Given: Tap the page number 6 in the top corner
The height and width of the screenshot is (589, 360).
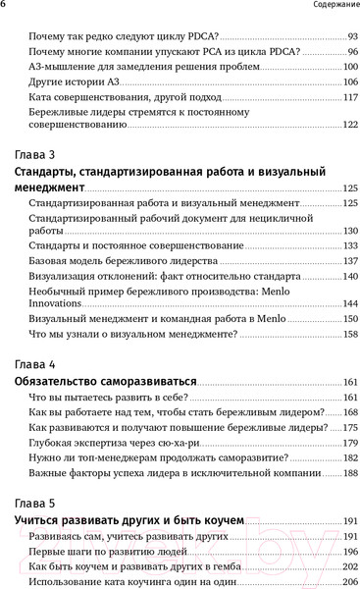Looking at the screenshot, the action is point(4,9).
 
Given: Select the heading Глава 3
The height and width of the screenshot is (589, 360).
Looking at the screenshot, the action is point(37,155).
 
